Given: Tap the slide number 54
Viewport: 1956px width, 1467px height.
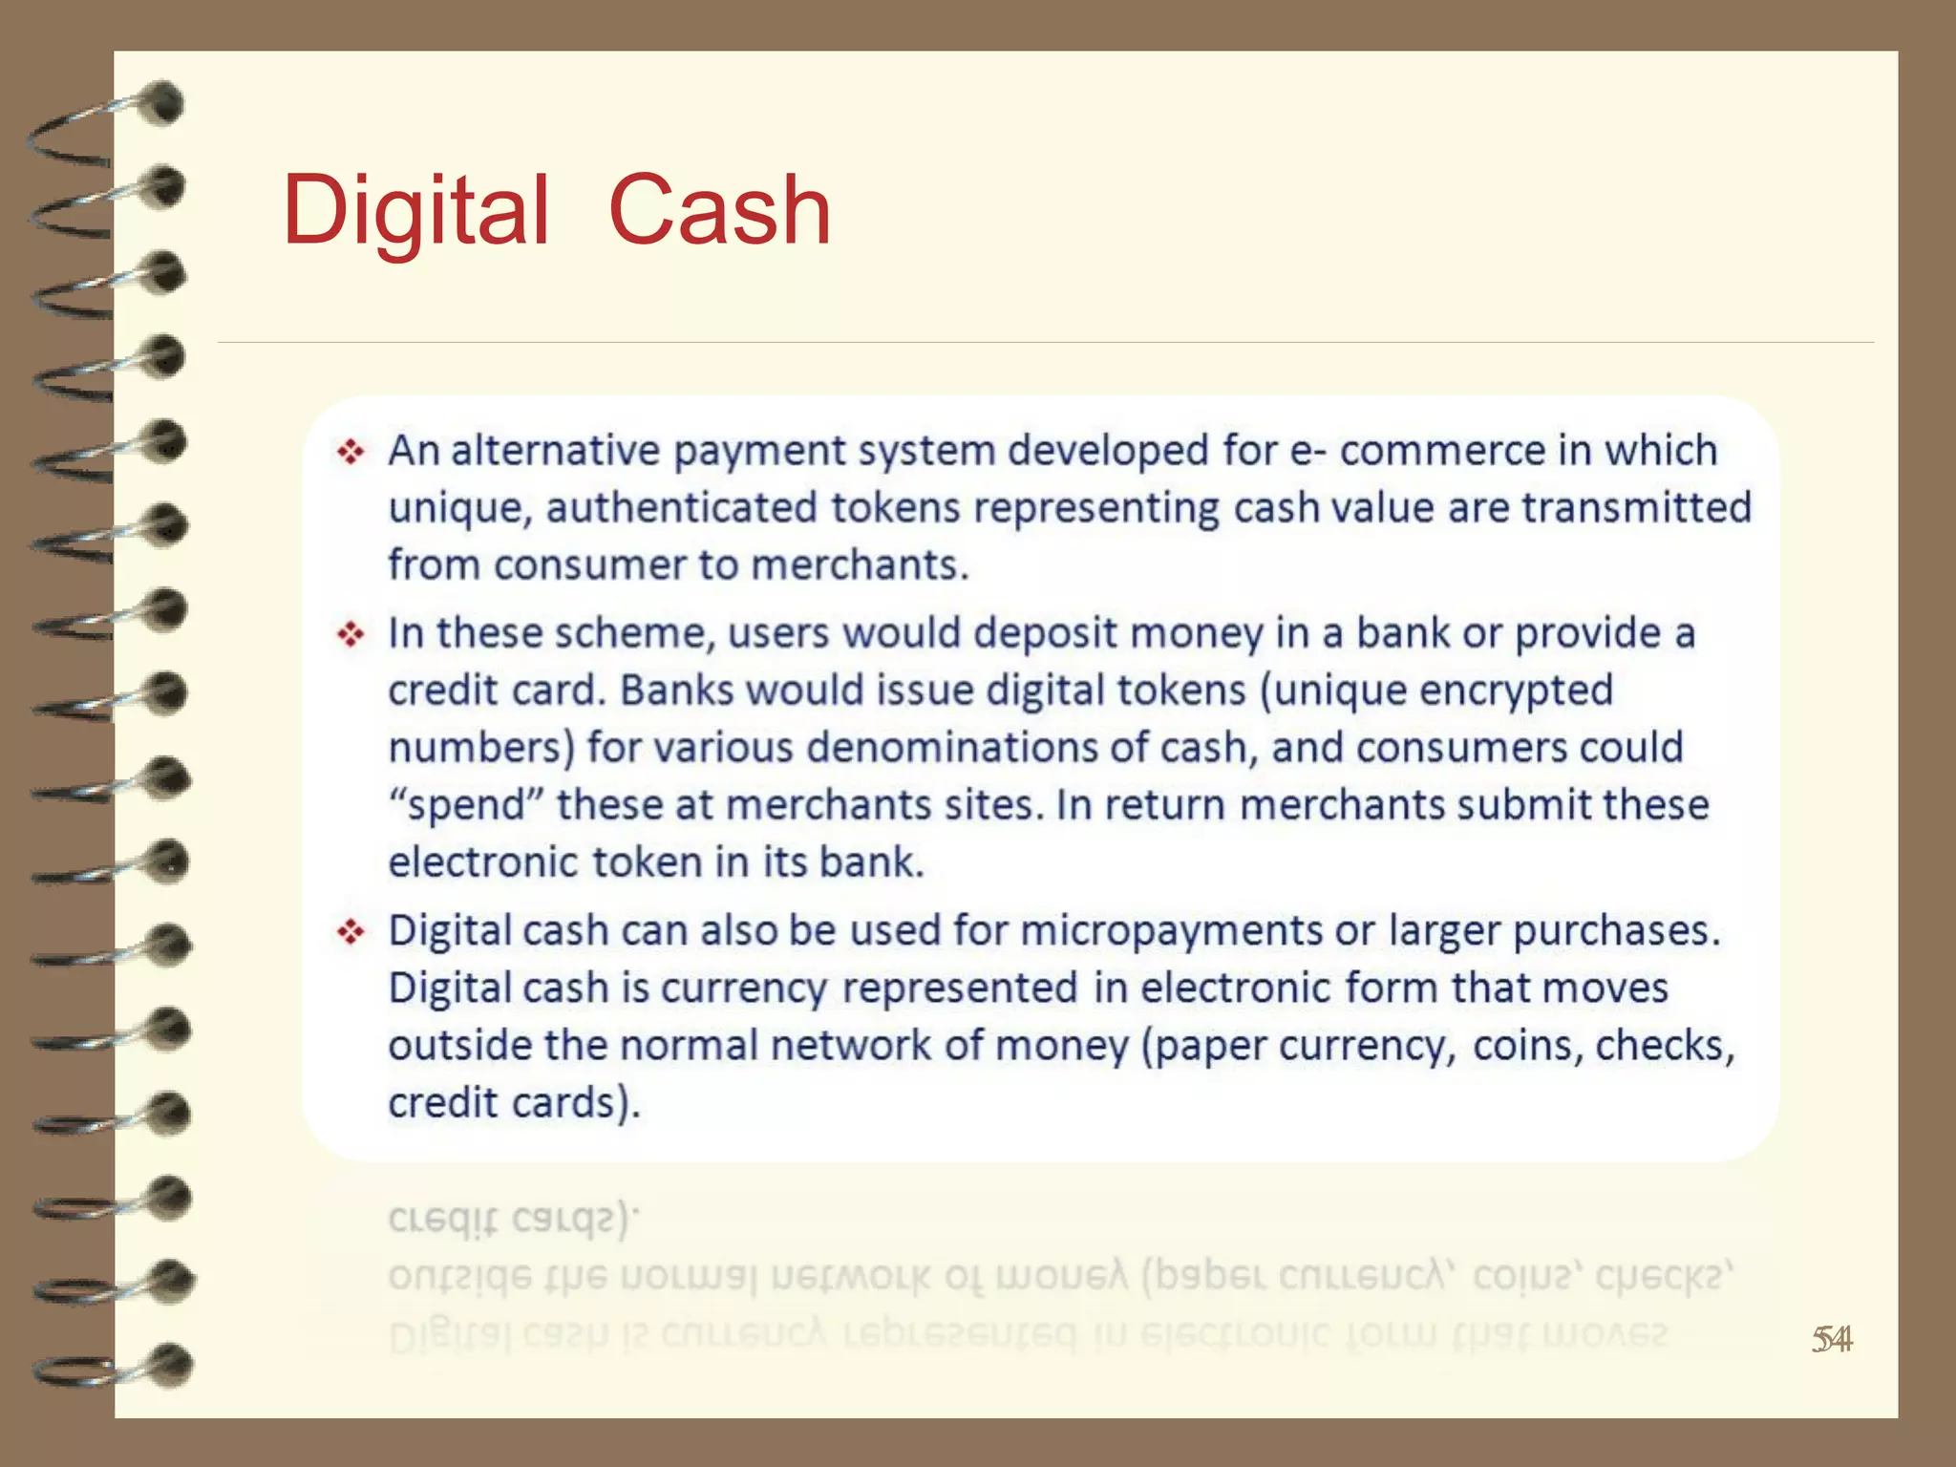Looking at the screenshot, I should (1832, 1340).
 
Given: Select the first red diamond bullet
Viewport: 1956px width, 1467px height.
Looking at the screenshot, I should (351, 451).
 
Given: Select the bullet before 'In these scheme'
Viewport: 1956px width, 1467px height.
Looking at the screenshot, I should (351, 634).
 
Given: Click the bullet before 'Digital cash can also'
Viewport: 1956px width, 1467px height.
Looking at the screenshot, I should (351, 931).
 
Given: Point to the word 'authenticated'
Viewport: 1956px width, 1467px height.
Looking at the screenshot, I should (681, 508).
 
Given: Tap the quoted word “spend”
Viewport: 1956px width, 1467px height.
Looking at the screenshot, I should (466, 805).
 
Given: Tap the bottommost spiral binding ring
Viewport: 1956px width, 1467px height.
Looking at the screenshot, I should (110, 1366).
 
